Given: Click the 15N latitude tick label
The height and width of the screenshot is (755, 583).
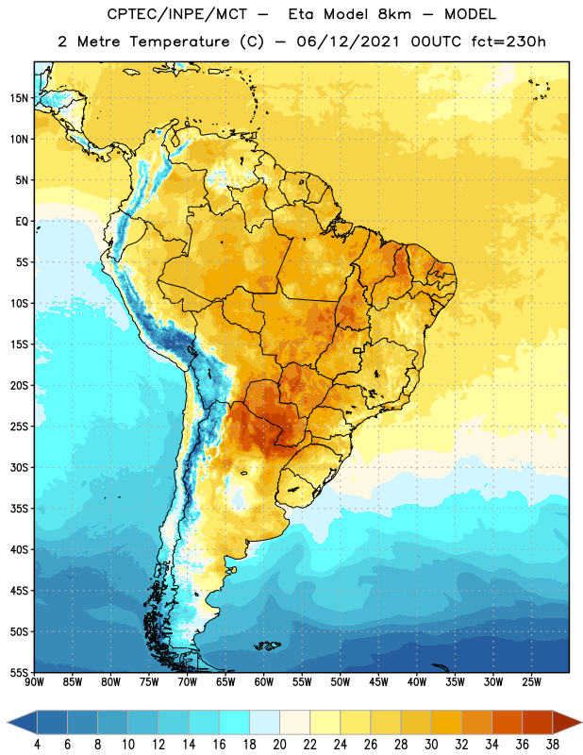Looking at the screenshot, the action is coord(20,98).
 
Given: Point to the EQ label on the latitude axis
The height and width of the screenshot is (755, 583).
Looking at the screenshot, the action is coord(22,222).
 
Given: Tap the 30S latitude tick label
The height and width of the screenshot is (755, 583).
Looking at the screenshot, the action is coord(20,467).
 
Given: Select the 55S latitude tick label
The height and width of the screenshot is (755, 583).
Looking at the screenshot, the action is coord(20,673).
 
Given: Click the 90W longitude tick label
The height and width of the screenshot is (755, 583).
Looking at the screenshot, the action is coord(34,681).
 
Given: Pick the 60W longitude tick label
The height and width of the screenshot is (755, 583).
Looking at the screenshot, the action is coord(264,681).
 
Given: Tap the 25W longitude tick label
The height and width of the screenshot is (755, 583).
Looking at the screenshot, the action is coord(531,681).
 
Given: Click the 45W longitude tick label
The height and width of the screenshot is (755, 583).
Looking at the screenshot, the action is coord(378,681).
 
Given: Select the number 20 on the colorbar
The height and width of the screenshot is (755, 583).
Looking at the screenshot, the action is coord(279,745).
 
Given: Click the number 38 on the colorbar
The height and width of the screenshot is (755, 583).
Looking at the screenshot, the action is coord(553,745).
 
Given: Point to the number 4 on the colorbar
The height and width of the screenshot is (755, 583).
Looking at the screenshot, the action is coord(37,745).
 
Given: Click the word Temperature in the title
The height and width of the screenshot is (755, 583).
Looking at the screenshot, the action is coord(179,42).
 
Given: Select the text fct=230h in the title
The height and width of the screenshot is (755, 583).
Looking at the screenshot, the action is coord(508,41).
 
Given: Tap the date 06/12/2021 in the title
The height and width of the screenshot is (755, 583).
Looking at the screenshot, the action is coord(348,42).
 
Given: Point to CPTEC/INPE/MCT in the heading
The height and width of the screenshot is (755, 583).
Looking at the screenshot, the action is coord(176,14).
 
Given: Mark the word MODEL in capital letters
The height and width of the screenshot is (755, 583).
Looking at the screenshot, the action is coord(470,14).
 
